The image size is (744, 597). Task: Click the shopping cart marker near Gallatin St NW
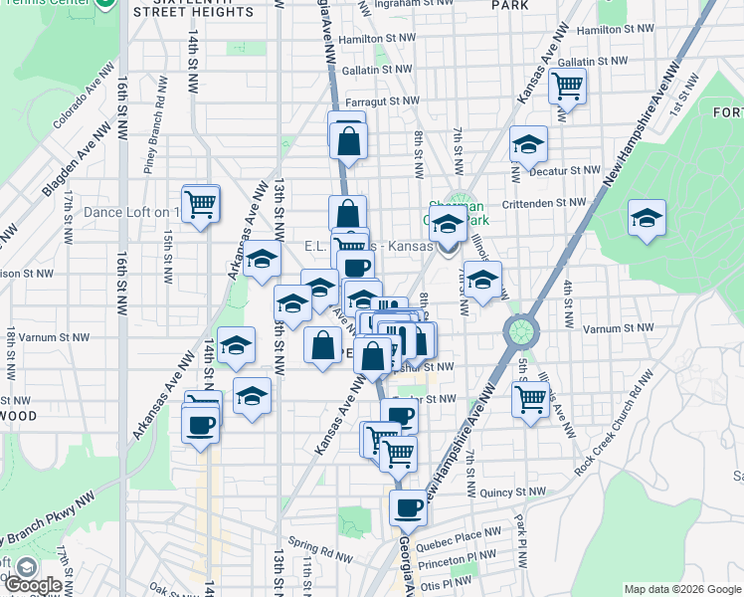[566, 87]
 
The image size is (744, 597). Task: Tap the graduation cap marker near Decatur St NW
[528, 144]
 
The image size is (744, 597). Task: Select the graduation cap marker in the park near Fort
[647, 219]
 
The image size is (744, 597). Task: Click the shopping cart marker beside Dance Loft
[200, 205]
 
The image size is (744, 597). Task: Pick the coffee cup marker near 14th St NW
[200, 427]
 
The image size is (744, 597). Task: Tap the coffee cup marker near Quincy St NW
[407, 508]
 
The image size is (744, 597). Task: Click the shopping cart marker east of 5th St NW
[530, 400]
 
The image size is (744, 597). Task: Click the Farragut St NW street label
[383, 101]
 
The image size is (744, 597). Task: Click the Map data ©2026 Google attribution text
[682, 589]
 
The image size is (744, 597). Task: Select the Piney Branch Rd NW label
[150, 139]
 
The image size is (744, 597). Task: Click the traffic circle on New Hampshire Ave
[520, 330]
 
